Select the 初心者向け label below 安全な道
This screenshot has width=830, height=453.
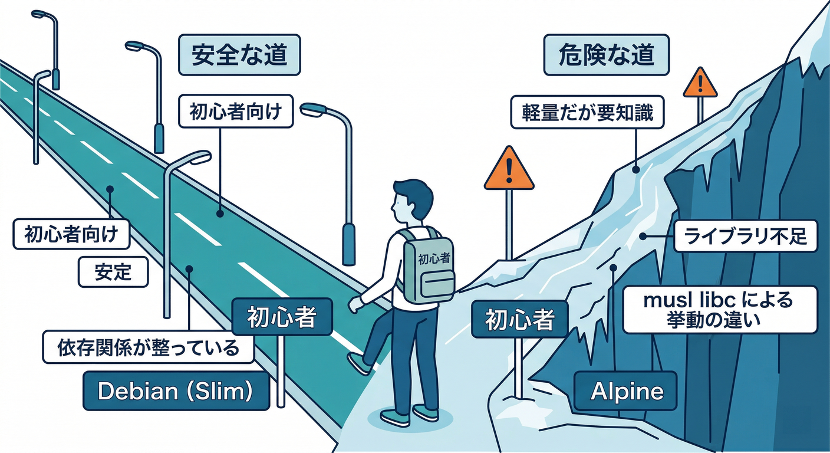click(x=236, y=112)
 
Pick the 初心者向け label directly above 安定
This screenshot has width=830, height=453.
click(x=71, y=235)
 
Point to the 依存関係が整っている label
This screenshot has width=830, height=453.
click(x=148, y=347)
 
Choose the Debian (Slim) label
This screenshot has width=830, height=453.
click(x=176, y=390)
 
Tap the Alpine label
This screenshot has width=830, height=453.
click(x=626, y=391)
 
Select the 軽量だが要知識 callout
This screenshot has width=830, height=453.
click(x=587, y=113)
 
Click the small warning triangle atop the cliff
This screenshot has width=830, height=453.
click(x=700, y=84)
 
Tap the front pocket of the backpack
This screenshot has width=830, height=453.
click(x=437, y=285)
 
